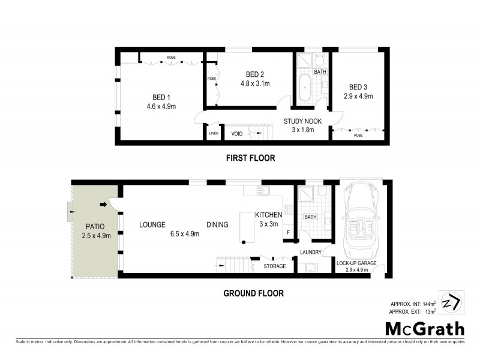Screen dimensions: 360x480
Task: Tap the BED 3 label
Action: click(359, 86)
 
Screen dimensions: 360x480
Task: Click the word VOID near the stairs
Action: click(237, 134)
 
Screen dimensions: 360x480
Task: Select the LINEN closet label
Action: click(213, 134)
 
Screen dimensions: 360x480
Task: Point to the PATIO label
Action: click(94, 226)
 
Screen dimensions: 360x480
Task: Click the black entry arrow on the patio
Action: click(103, 205)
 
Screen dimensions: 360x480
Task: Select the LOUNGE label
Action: click(152, 225)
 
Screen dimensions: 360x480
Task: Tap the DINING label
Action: click(217, 225)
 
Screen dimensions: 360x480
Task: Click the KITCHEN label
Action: click(269, 215)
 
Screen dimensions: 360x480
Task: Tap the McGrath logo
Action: click(424, 328)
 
